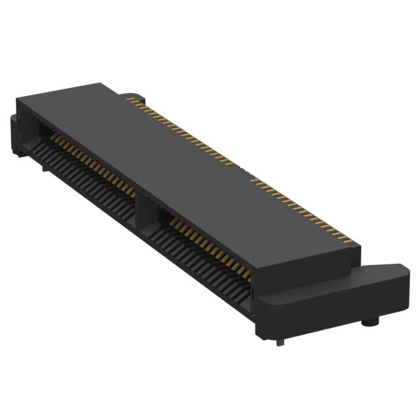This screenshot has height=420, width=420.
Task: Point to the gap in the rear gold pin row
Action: click(x=244, y=172)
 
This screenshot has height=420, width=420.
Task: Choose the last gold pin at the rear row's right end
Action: click(x=355, y=243)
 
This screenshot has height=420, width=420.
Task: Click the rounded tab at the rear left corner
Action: click(x=131, y=96)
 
